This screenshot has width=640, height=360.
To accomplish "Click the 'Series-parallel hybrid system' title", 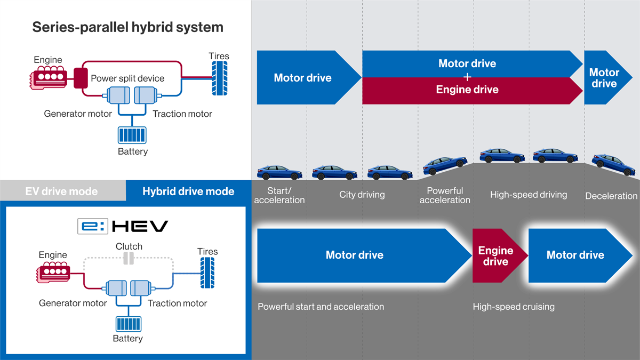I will (127, 27).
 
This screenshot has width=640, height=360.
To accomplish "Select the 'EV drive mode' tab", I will (61, 191).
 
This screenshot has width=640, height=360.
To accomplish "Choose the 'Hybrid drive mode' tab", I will (188, 191).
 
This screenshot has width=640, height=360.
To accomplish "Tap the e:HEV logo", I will (123, 226).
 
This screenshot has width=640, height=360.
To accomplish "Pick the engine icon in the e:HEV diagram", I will (53, 272).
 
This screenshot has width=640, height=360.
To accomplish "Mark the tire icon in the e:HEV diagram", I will (207, 273).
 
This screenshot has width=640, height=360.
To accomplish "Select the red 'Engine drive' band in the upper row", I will (467, 90).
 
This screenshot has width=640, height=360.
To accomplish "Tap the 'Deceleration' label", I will (611, 196).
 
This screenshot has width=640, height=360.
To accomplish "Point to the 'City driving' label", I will (362, 195).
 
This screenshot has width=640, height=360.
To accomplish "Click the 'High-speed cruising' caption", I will (514, 307).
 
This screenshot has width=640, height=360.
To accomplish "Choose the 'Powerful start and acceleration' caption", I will (321, 307).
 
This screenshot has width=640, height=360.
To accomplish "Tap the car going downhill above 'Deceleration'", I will (614, 164).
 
